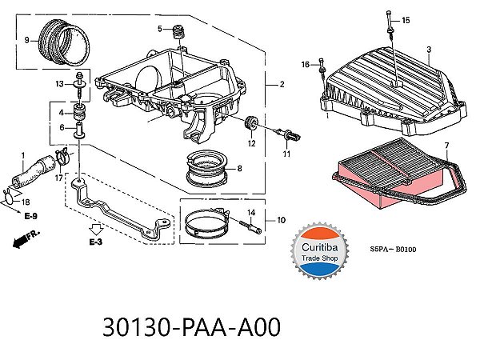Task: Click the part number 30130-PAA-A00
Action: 192,329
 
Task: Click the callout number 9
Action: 26,40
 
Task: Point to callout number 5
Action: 160,30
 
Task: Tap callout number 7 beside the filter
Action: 446,145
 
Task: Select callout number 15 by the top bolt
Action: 405,20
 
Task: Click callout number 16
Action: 306,64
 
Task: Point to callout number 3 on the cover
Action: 429,50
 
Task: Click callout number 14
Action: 250,212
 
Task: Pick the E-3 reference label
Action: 95,241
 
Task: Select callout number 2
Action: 282,84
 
